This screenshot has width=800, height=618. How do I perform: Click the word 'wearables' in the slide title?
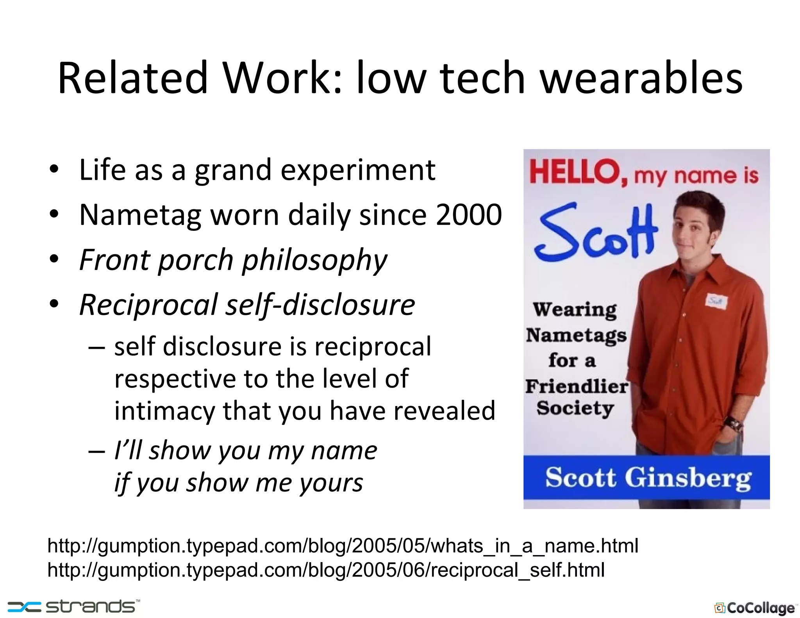click(641, 78)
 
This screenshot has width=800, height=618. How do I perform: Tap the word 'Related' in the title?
click(132, 78)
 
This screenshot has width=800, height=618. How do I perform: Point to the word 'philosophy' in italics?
click(314, 260)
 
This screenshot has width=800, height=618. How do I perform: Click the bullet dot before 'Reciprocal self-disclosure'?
click(54, 304)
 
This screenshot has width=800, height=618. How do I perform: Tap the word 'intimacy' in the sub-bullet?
click(164, 411)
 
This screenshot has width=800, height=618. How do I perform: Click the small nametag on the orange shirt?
click(716, 301)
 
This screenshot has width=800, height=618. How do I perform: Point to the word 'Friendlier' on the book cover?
click(577, 386)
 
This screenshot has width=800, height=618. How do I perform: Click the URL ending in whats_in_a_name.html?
click(343, 546)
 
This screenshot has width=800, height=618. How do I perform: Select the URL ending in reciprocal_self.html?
click(326, 570)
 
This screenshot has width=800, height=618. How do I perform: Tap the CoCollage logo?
click(755, 608)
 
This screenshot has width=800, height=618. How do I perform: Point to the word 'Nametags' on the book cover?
click(576, 336)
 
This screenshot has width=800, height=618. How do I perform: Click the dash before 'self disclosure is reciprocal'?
click(96, 347)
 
